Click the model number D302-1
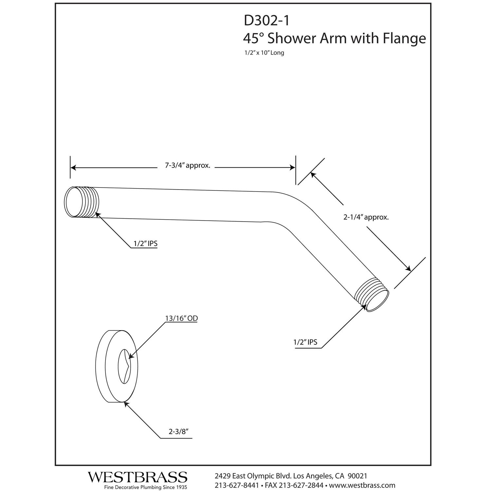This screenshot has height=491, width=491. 266,21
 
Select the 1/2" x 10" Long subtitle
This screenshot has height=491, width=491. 263,53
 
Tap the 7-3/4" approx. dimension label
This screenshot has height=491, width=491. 187,166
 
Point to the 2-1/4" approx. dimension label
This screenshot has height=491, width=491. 366,217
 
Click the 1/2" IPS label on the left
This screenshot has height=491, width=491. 145,244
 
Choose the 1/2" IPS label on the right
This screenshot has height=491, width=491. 305,342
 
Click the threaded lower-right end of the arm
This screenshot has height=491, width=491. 373,294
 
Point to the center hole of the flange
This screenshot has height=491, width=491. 124,366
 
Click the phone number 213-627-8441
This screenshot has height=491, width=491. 237,485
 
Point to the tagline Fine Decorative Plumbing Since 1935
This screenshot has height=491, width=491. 145,487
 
